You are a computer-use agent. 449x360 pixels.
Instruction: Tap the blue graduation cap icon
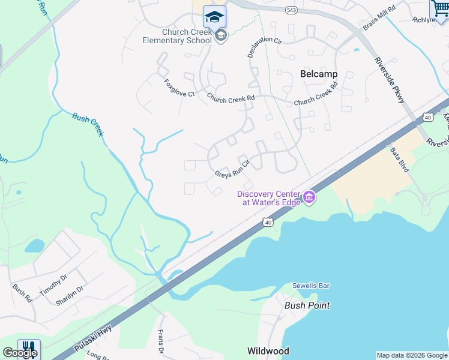214,16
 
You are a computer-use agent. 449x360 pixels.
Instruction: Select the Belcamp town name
318,74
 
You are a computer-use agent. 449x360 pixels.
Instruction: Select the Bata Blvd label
399,160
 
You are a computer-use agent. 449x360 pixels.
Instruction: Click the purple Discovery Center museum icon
309,197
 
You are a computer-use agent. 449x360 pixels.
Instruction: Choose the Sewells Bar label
311,286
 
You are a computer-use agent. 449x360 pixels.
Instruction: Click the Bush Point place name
307,305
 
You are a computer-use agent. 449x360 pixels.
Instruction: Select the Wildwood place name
268,351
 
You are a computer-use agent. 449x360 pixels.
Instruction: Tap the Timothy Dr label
53,283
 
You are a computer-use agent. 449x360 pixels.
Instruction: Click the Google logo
20,353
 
